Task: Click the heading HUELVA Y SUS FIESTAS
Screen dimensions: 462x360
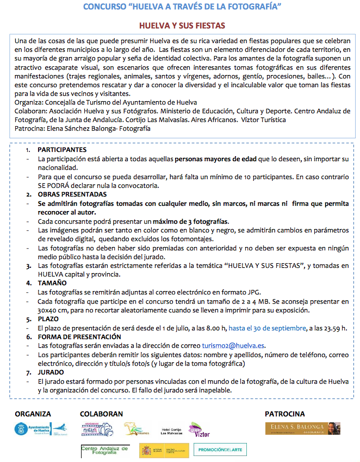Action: click(x=182, y=26)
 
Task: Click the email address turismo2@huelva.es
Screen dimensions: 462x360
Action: click(x=233, y=346)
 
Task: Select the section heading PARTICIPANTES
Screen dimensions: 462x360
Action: click(x=62, y=150)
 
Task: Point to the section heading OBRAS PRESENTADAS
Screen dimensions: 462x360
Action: click(x=71, y=194)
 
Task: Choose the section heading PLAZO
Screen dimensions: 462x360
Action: click(x=49, y=319)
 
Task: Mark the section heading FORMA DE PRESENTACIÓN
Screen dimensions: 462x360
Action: click(x=78, y=337)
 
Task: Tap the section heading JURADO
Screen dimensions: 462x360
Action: click(x=52, y=372)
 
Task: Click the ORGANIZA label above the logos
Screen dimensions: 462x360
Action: click(x=33, y=414)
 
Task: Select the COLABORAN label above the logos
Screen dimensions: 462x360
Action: click(x=101, y=414)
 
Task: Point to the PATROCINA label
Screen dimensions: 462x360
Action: click(x=284, y=414)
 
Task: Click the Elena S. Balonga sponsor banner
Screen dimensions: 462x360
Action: click(x=302, y=428)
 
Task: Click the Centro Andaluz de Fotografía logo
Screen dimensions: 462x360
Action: click(x=105, y=450)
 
